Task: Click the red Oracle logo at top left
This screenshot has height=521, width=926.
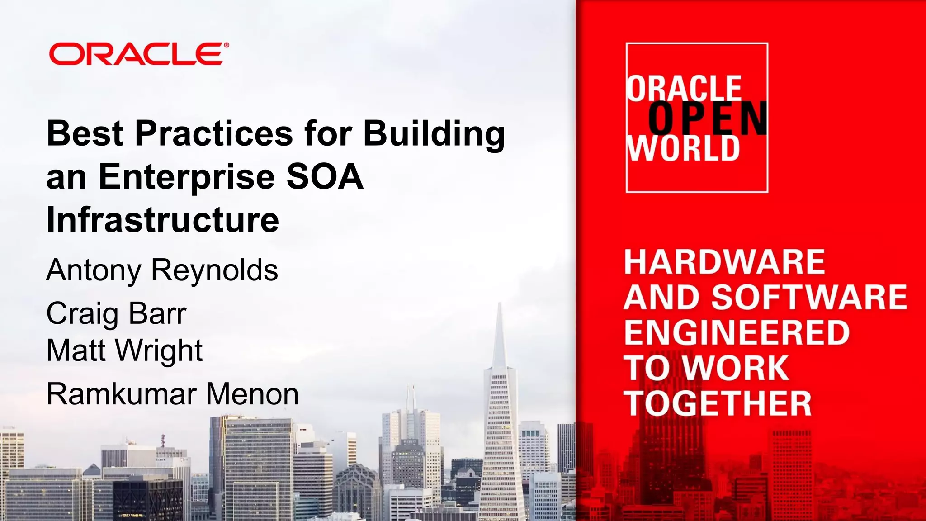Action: point(136,54)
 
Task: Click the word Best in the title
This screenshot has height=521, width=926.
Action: point(85,133)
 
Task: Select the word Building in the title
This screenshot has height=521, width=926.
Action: point(434,134)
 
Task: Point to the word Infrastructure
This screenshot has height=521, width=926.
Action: point(163,220)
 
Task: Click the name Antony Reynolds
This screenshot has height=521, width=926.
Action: point(162,270)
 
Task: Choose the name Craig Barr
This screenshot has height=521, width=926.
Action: point(116,313)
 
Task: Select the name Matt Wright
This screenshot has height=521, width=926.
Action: point(124,350)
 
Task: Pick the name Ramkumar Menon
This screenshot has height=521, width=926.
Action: point(172,394)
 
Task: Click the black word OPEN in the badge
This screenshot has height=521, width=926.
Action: point(708,118)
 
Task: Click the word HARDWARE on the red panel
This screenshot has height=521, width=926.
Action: point(724,262)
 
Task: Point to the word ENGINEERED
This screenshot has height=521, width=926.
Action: point(737,332)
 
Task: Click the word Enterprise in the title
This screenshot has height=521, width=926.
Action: point(186,177)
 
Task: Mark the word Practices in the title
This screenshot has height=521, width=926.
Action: point(214,133)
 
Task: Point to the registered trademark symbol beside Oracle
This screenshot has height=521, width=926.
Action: point(226,45)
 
